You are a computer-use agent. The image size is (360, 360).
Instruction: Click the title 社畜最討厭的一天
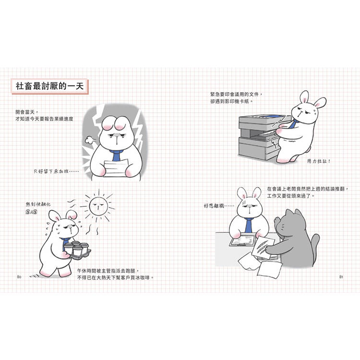pos(50,86)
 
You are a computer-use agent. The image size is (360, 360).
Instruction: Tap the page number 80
pos(19,277)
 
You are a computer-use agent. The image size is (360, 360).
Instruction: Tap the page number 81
pos(341,277)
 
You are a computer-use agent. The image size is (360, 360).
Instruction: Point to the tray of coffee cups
pos(77,251)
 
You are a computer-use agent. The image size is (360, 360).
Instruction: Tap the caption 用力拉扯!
pos(319,161)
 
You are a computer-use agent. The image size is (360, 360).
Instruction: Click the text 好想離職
pos(218,206)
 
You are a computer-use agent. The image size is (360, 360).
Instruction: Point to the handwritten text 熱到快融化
pos(38,204)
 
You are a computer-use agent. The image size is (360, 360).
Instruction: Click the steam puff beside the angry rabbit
pos(88,140)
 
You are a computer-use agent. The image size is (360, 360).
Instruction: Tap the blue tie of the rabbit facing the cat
pos(249,225)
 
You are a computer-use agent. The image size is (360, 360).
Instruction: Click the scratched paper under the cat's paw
pos(263,248)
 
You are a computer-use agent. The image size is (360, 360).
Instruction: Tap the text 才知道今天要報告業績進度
pos(44,119)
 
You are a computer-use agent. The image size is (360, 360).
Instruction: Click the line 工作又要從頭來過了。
pos(290,196)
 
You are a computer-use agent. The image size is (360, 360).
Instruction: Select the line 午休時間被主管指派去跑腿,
pos(108,271)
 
